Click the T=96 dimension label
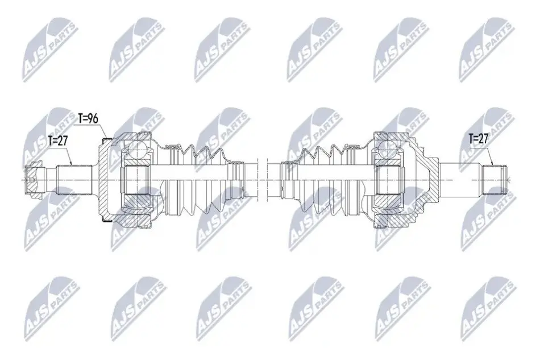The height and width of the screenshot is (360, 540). pyautogui.click(x=88, y=118)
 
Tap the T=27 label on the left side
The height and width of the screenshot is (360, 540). pyautogui.click(x=57, y=140)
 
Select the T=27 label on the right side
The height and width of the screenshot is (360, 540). pyautogui.click(x=479, y=139)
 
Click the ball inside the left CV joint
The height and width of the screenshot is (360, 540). pyautogui.click(x=137, y=149)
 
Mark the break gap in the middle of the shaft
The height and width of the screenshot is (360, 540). pyautogui.click(x=262, y=180)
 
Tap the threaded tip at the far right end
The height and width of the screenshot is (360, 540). pyautogui.click(x=495, y=180)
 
